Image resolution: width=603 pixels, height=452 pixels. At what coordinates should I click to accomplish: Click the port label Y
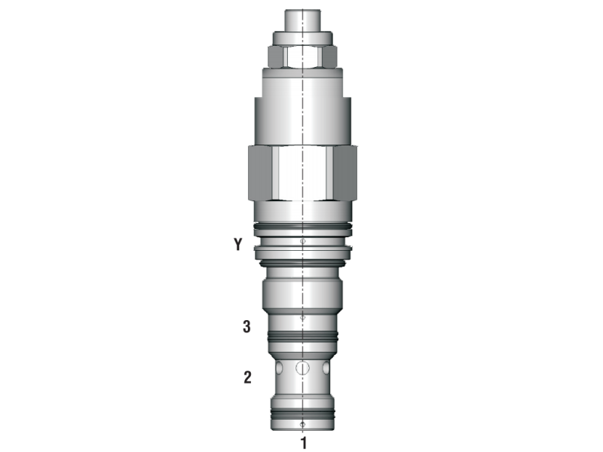coord(238,244)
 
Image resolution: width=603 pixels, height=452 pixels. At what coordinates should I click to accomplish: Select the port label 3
coord(246,327)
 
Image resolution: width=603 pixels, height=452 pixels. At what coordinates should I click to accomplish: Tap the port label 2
coord(246,377)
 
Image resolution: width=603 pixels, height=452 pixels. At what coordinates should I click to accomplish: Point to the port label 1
coord(303,441)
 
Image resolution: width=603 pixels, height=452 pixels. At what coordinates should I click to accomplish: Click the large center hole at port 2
coord(302,368)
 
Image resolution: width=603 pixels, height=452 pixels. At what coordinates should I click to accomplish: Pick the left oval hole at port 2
coord(280,369)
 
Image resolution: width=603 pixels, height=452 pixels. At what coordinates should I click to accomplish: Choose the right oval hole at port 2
coord(325,369)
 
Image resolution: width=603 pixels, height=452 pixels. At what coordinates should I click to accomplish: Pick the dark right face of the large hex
coord(345,173)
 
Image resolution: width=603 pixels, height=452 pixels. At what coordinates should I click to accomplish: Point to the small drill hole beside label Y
coord(302,242)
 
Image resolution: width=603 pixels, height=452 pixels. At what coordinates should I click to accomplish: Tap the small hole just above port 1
coord(302,424)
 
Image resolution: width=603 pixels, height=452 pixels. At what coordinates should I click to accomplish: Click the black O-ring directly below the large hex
coord(302,226)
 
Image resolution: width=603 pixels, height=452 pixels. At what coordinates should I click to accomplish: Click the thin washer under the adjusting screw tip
coord(302,37)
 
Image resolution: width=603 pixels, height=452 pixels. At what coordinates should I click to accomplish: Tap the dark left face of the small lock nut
coord(274,56)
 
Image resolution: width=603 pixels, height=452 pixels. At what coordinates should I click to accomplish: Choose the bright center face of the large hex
coord(302,173)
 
